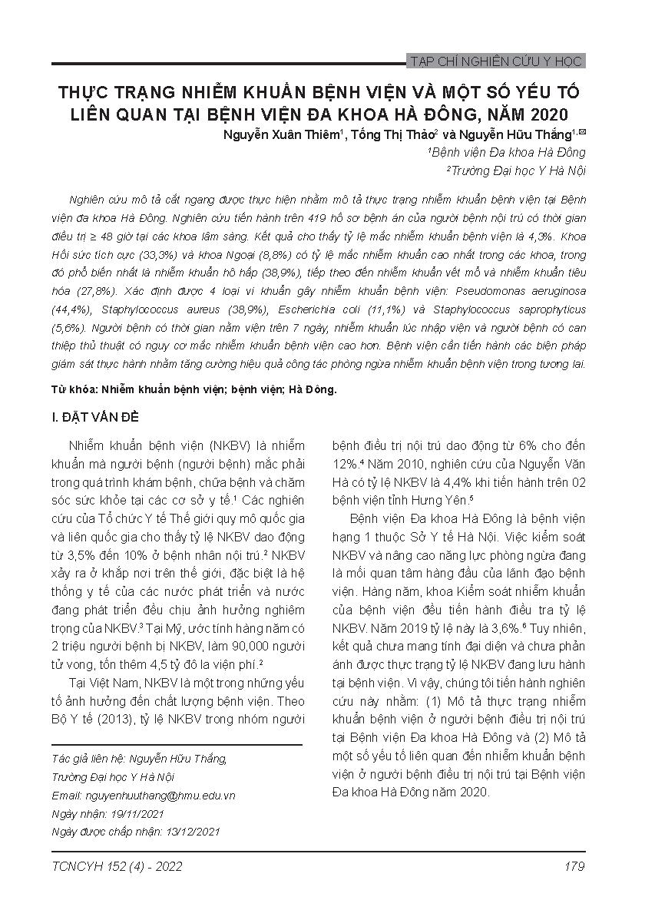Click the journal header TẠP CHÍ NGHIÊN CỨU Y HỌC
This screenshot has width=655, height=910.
point(498,61)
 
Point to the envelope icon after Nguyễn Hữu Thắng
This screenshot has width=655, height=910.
point(581,131)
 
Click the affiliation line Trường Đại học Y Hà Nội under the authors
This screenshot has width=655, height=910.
point(518,170)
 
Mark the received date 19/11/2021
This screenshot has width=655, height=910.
point(137,812)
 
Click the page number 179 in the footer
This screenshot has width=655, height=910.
point(574,867)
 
